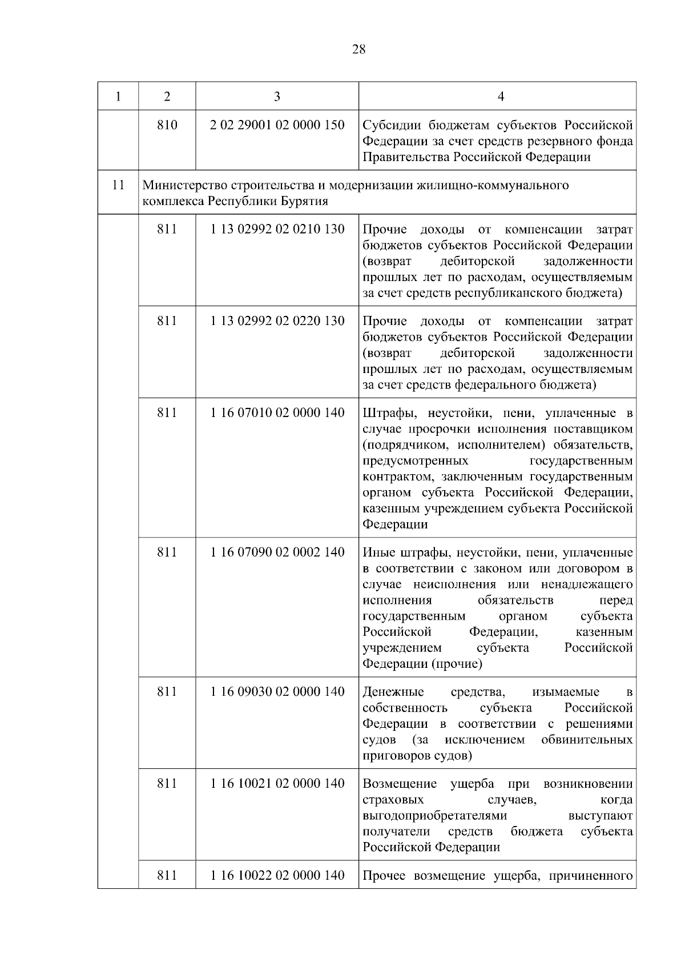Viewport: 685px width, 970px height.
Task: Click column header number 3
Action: click(277, 96)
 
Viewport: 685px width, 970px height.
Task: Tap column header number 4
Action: click(501, 96)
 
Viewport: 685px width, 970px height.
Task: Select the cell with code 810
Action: click(167, 125)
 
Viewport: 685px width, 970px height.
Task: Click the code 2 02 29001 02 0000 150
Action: click(277, 125)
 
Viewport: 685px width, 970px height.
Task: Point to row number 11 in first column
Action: click(118, 185)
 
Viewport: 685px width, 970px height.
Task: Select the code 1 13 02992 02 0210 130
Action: click(277, 229)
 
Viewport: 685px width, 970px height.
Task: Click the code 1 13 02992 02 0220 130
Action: click(277, 321)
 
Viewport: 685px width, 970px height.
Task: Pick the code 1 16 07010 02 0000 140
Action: click(277, 412)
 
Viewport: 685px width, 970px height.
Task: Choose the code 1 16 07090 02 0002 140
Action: click(277, 552)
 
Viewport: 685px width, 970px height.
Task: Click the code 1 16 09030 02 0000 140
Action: click(277, 692)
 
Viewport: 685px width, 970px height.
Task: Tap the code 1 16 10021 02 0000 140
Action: click(277, 783)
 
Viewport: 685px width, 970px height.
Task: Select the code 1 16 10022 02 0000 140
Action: click(277, 875)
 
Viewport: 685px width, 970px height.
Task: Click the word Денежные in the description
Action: click(393, 692)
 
